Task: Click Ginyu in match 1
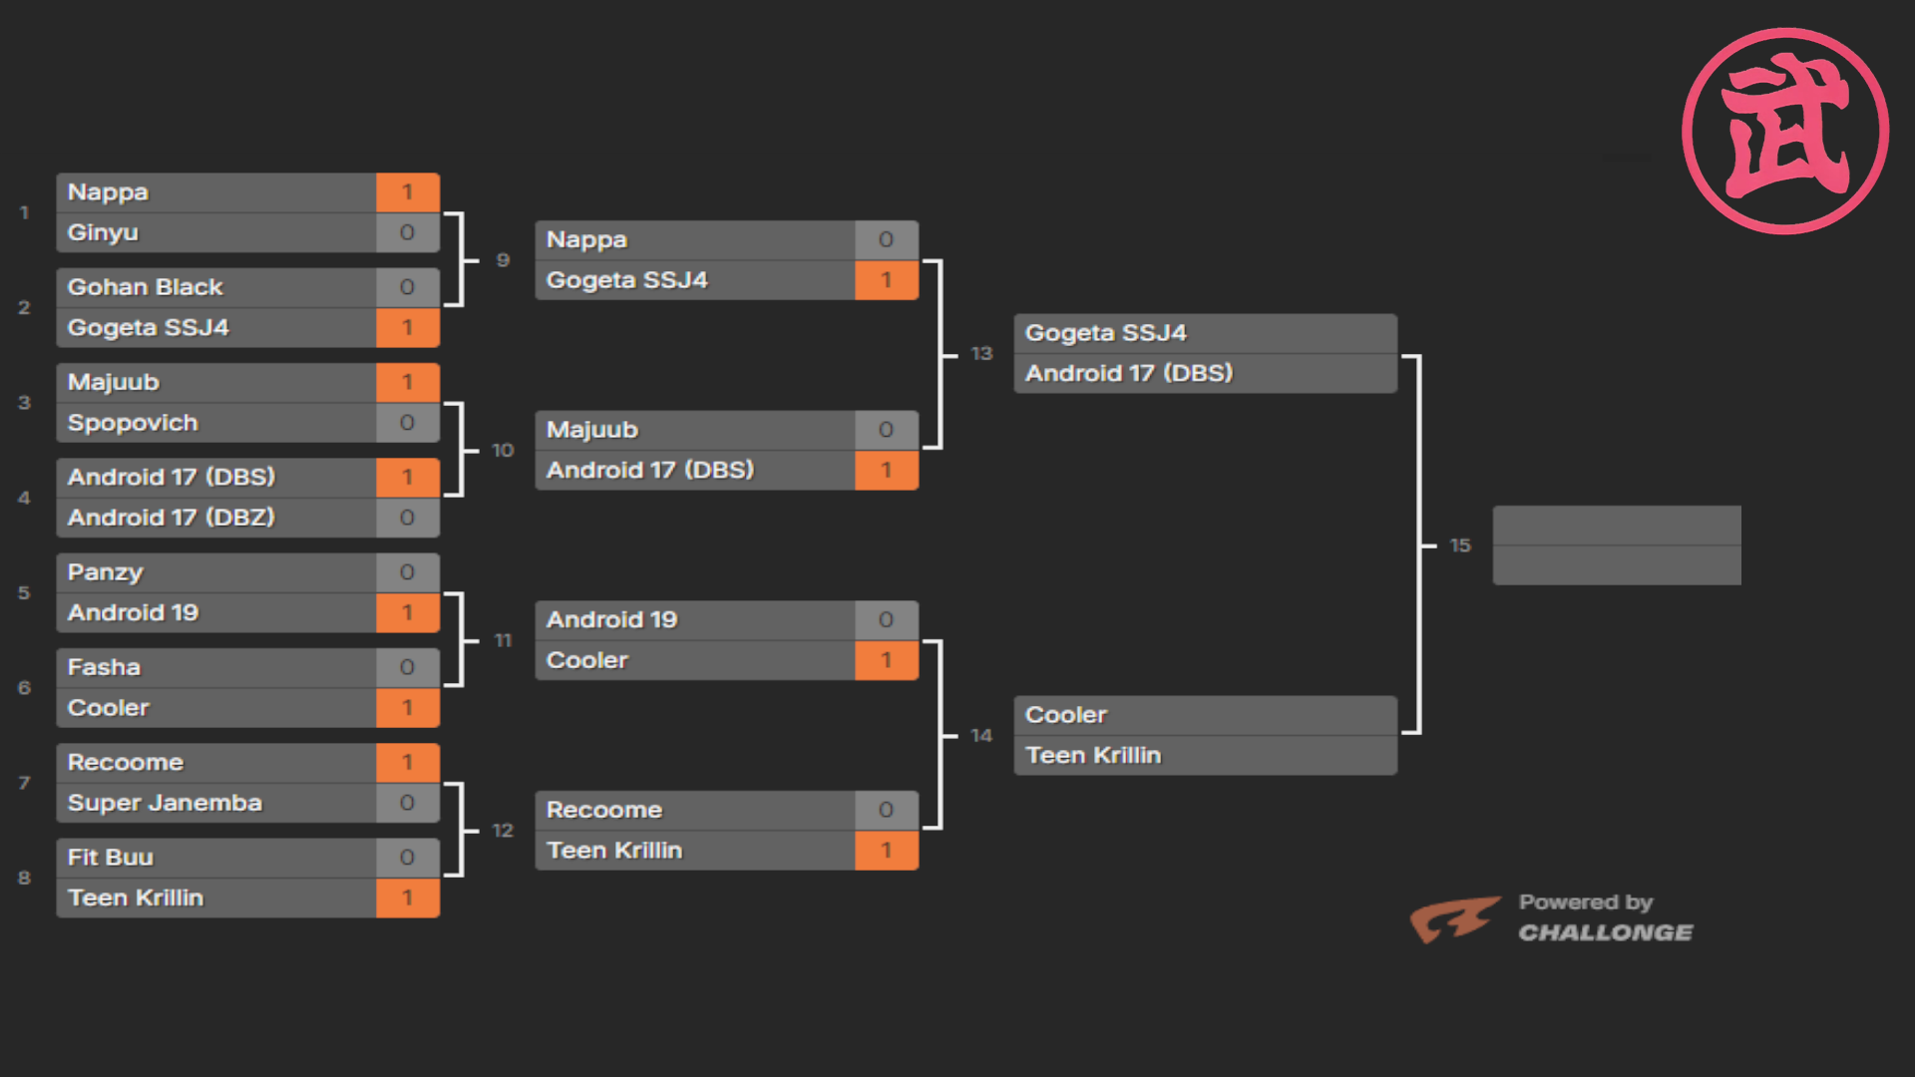pos(103,233)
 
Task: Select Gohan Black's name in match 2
pos(146,287)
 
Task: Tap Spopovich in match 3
pos(133,423)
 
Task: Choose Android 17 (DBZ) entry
pos(172,518)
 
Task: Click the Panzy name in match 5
pos(106,573)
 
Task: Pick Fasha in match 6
pos(104,667)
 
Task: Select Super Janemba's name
pos(165,803)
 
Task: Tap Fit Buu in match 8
pos(111,858)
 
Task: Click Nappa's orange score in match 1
pos(407,192)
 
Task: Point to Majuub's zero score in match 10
pos(886,430)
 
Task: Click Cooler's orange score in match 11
pos(886,660)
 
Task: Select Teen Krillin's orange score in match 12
pos(886,851)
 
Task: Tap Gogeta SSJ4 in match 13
pos(1106,333)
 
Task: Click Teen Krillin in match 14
pos(1093,756)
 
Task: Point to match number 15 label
pos(1460,545)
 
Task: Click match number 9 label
pos(503,260)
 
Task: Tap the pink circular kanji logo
pos(1785,131)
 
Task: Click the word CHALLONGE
pos(1606,933)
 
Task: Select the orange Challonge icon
pos(1454,918)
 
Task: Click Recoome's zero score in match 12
pos(886,810)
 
